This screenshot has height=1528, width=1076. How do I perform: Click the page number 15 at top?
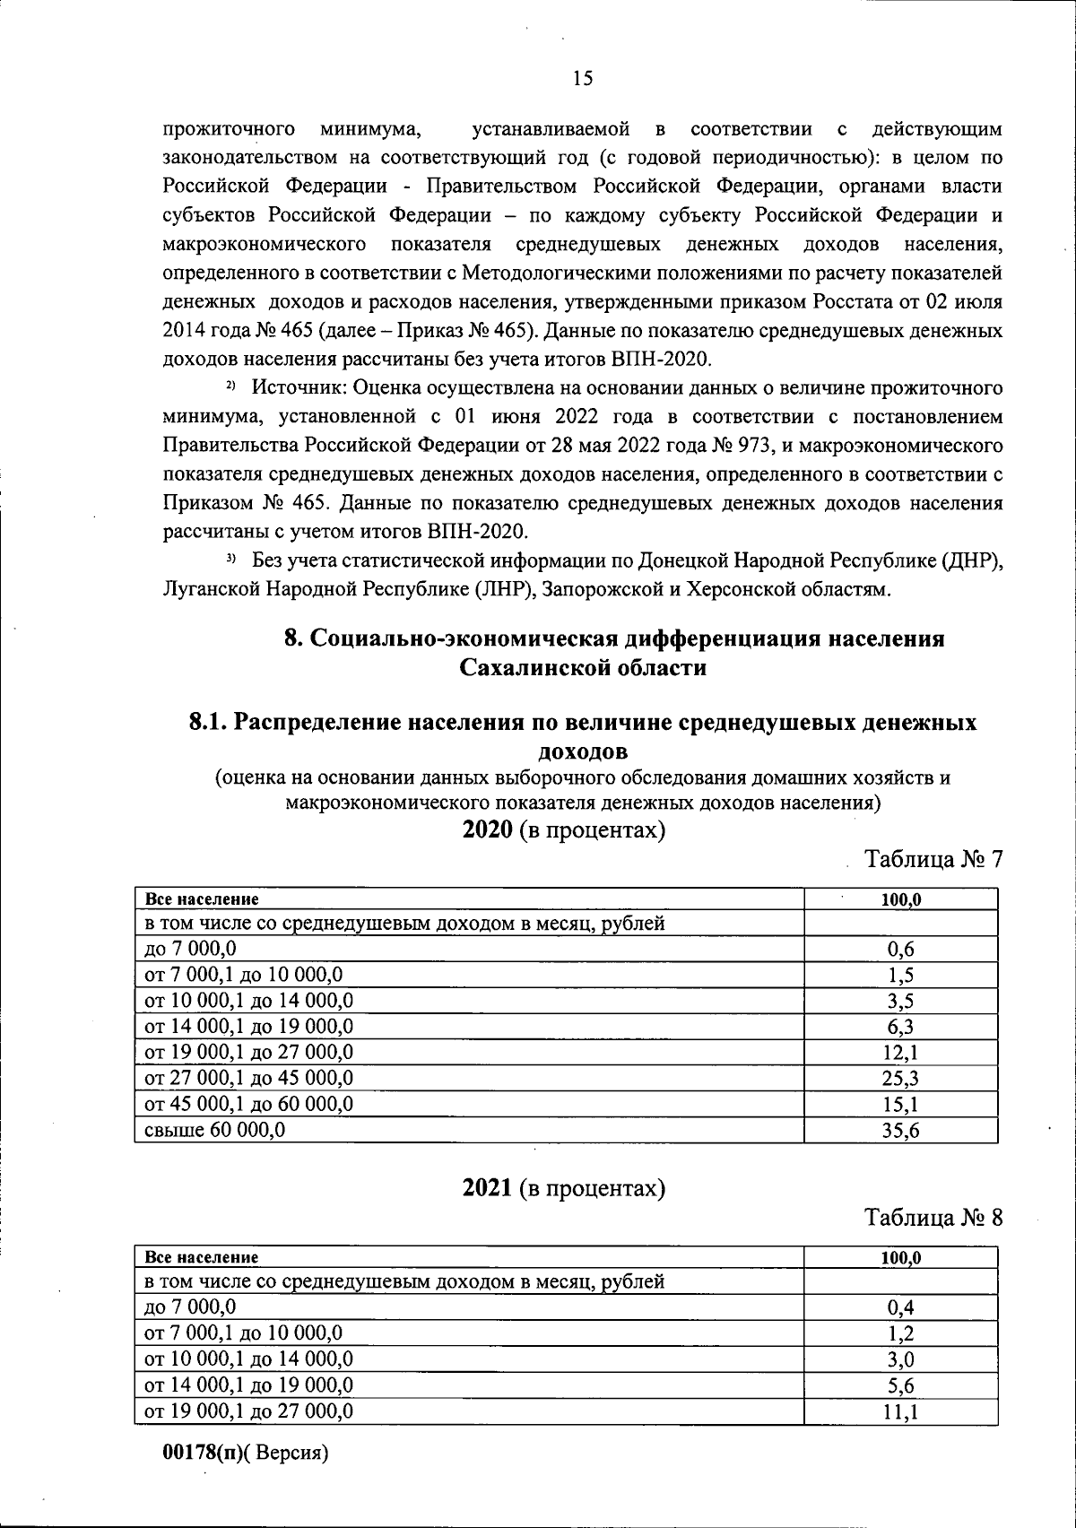click(x=583, y=79)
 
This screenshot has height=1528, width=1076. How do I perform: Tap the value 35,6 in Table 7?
click(x=900, y=1131)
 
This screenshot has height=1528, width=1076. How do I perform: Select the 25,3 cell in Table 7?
click(x=900, y=1079)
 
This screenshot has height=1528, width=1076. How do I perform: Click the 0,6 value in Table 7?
click(x=900, y=950)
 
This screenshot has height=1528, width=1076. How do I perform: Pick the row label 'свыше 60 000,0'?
click(x=215, y=1130)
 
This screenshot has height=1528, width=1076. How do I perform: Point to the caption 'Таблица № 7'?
click(x=933, y=860)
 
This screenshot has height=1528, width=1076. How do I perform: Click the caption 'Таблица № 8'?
click(x=933, y=1219)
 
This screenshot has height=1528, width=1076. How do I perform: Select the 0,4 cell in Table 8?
click(x=900, y=1308)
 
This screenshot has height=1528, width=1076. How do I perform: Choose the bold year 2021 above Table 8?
click(x=487, y=1189)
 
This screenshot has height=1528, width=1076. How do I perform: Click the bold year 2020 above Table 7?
click(x=487, y=830)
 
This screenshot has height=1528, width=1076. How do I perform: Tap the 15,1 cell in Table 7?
click(x=900, y=1105)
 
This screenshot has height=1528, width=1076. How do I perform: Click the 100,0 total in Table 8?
click(x=900, y=1258)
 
